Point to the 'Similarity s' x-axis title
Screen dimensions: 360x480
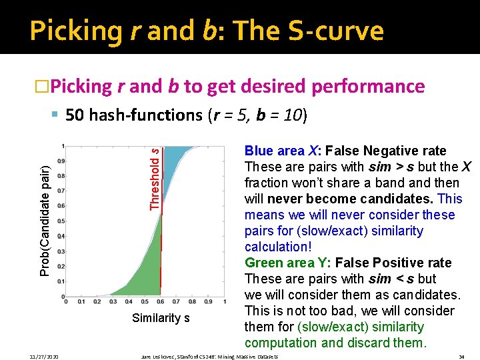(x=161, y=318)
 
